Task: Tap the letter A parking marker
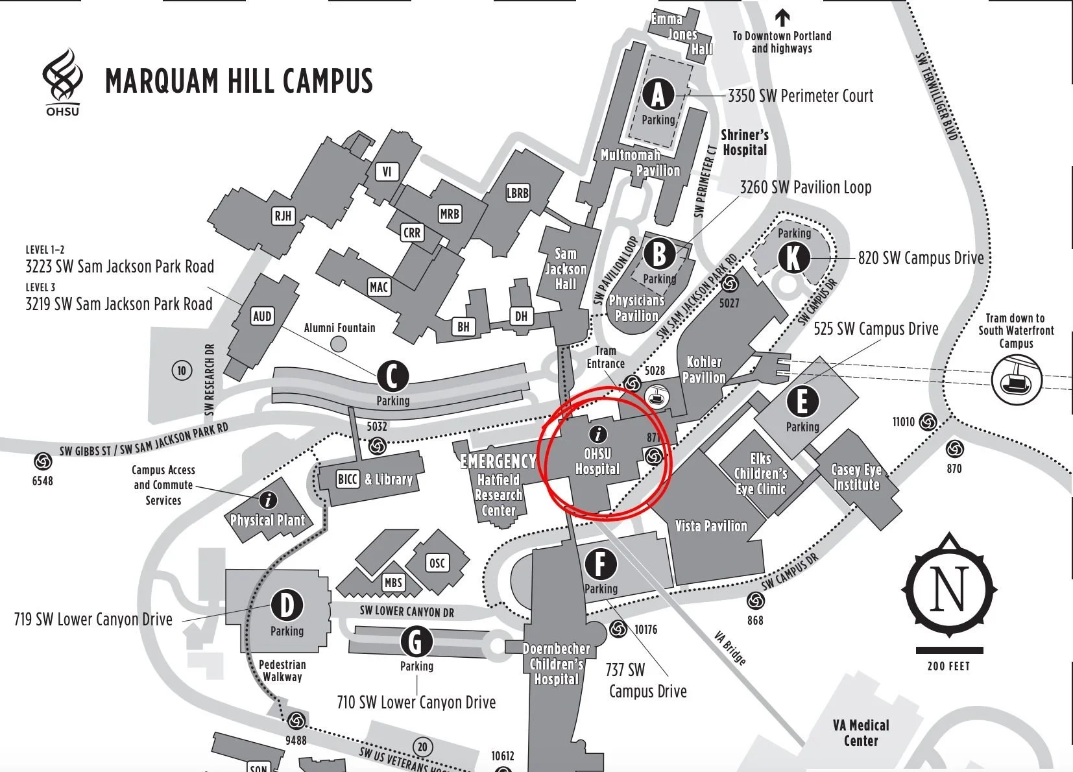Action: pos(658,95)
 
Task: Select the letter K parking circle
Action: pos(793,258)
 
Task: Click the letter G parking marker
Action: pos(416,642)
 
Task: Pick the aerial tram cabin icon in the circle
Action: pos(1016,380)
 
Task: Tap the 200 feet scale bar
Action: pos(949,650)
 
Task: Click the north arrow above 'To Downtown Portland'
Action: pos(782,17)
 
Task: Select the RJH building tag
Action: pos(283,215)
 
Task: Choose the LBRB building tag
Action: pos(517,193)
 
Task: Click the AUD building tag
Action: pos(262,316)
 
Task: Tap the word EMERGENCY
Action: pos(498,461)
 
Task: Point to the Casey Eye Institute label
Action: pos(856,477)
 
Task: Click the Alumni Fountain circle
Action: pos(338,343)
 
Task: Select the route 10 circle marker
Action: pos(182,370)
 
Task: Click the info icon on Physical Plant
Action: pos(267,500)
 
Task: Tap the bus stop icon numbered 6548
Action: pos(43,461)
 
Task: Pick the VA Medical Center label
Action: pos(861,733)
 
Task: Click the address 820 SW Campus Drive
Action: pos(921,258)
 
